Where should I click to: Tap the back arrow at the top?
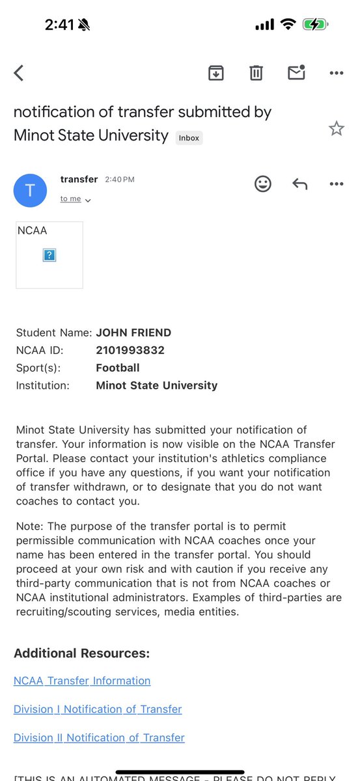19,73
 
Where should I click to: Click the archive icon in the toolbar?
215,73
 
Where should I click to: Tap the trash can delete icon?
256,73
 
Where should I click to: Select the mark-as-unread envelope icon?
296,72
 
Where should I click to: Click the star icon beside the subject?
336,128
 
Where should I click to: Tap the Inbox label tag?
189,138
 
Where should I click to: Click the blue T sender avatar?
30,191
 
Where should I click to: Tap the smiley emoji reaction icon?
262,184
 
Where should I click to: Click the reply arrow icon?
299,184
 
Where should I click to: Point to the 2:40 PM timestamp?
119,180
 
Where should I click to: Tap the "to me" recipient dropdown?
76,199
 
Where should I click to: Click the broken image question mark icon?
49,255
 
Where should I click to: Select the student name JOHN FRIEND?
133,333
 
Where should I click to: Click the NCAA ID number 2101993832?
130,350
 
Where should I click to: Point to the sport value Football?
118,368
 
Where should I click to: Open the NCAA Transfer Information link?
82,681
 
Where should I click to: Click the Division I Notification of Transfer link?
98,709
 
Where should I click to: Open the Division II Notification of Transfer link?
99,737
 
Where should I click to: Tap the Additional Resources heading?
81,653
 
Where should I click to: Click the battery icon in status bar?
316,25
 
